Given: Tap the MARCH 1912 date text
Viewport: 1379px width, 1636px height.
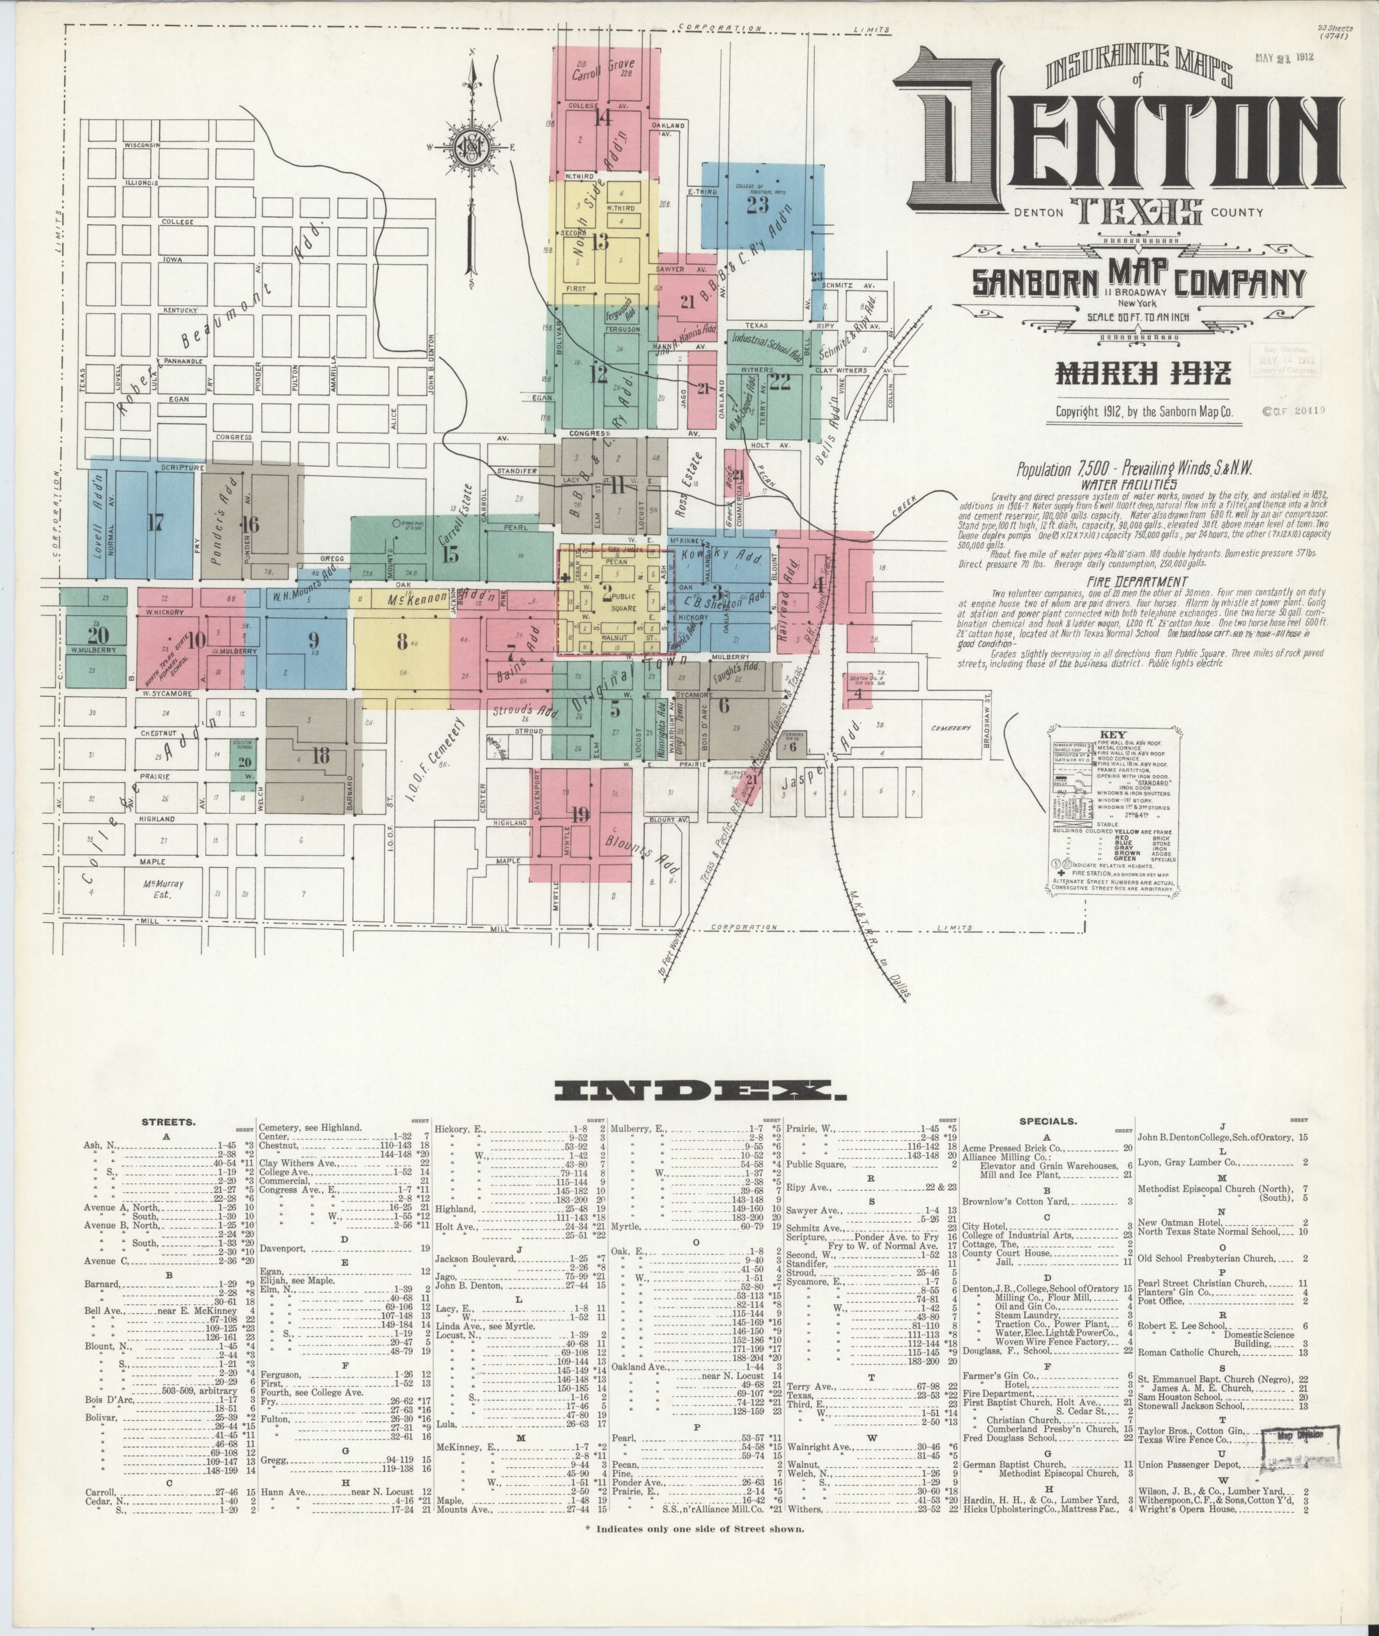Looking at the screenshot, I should [x=1143, y=374].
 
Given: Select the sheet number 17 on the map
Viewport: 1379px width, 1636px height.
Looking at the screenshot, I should [x=155, y=523].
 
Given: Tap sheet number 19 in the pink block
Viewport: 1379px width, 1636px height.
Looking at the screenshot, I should [x=580, y=814].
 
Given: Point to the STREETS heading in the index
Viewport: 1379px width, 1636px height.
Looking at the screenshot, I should [x=168, y=1122].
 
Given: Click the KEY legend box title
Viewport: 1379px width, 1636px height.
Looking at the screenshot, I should [x=1112, y=736].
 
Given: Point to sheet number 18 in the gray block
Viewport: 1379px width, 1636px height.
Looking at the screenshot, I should [x=321, y=755].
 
